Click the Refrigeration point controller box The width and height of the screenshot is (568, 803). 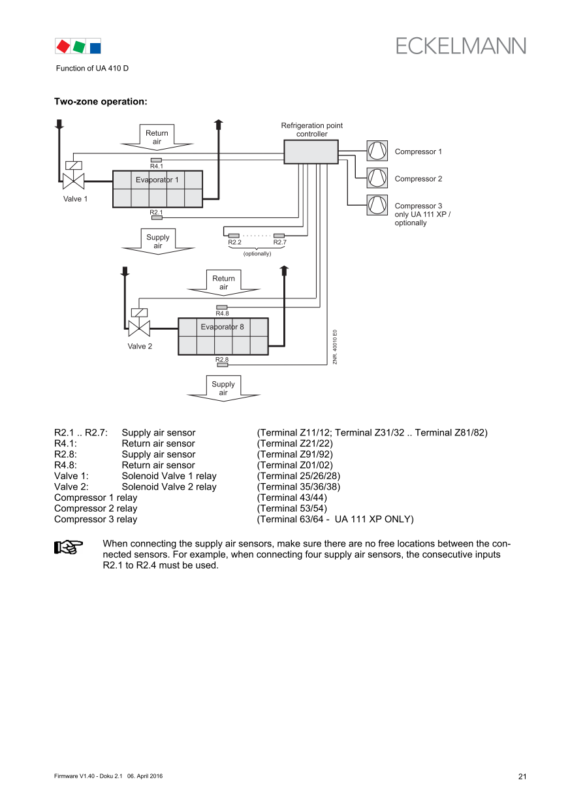[x=311, y=151]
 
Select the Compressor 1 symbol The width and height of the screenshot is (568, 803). [x=377, y=151]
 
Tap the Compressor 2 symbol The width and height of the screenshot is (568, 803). [x=377, y=178]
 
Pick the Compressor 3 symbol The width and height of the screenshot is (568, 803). [x=377, y=204]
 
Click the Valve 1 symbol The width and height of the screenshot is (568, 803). [x=74, y=180]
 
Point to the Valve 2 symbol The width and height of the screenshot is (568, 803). [x=139, y=327]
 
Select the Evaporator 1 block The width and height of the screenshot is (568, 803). [x=157, y=189]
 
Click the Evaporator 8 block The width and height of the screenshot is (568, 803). [x=223, y=336]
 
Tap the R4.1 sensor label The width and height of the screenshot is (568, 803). [x=157, y=166]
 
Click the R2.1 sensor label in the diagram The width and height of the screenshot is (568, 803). [x=156, y=212]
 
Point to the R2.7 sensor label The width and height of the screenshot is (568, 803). [x=279, y=243]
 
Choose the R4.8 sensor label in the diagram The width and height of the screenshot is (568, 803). [x=222, y=313]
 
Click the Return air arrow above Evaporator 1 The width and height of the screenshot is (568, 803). [x=157, y=136]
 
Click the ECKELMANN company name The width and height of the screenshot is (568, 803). [x=460, y=46]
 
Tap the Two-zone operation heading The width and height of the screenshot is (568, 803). [x=100, y=102]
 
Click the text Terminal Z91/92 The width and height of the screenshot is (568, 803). [x=295, y=454]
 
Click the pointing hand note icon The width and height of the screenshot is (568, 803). [x=67, y=546]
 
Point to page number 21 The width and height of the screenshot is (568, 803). [x=522, y=776]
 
